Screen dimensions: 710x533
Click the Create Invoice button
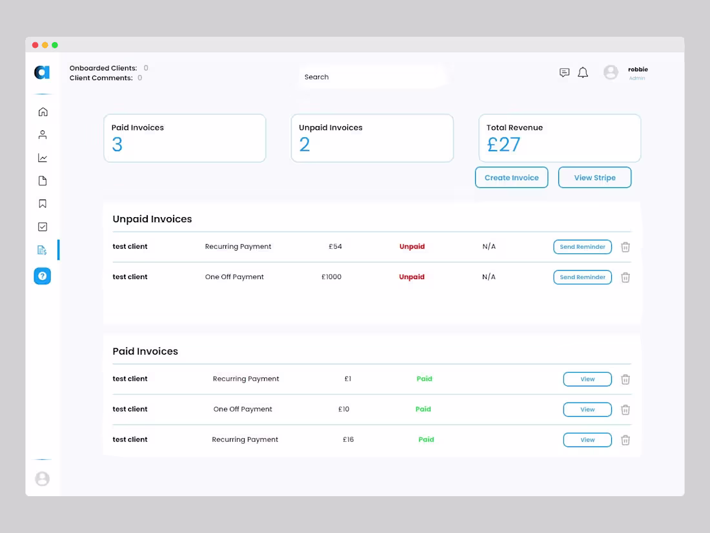(x=511, y=177)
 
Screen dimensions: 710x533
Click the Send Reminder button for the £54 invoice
(x=582, y=247)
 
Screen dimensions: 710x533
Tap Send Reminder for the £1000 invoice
(x=582, y=277)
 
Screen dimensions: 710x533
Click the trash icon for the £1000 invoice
(x=625, y=277)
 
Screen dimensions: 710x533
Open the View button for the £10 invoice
(x=587, y=409)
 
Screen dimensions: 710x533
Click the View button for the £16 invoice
(x=587, y=439)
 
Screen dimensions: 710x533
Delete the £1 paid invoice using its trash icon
(x=625, y=379)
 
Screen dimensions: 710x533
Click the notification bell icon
(x=583, y=72)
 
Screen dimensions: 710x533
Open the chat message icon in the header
(x=564, y=72)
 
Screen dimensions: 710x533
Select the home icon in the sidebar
(x=43, y=112)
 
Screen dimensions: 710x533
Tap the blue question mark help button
(x=42, y=276)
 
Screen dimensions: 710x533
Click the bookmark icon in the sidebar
(x=43, y=204)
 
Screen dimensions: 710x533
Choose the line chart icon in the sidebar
(x=43, y=158)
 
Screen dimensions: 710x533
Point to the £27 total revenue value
(x=503, y=145)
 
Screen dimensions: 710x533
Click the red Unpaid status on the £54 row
(x=412, y=247)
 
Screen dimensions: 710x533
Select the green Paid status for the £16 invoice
(x=426, y=439)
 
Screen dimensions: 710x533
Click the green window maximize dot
(x=55, y=45)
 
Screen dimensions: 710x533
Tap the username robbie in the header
(x=638, y=69)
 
